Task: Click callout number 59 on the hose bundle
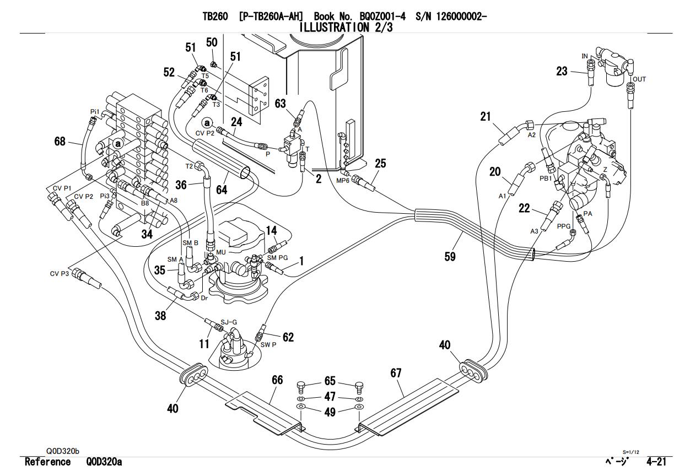[x=450, y=256]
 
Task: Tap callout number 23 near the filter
[x=562, y=71]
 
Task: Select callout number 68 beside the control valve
[x=60, y=142]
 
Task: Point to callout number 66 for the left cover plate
[x=277, y=380]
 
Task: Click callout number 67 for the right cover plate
[x=396, y=373]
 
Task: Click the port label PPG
[x=563, y=226]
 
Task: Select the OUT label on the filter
[x=639, y=79]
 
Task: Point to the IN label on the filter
[x=585, y=56]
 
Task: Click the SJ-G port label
[x=229, y=322]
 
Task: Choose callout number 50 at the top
[x=212, y=42]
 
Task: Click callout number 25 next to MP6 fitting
[x=380, y=163]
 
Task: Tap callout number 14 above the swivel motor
[x=271, y=230]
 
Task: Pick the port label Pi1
[x=94, y=111]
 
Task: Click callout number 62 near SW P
[x=288, y=337]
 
